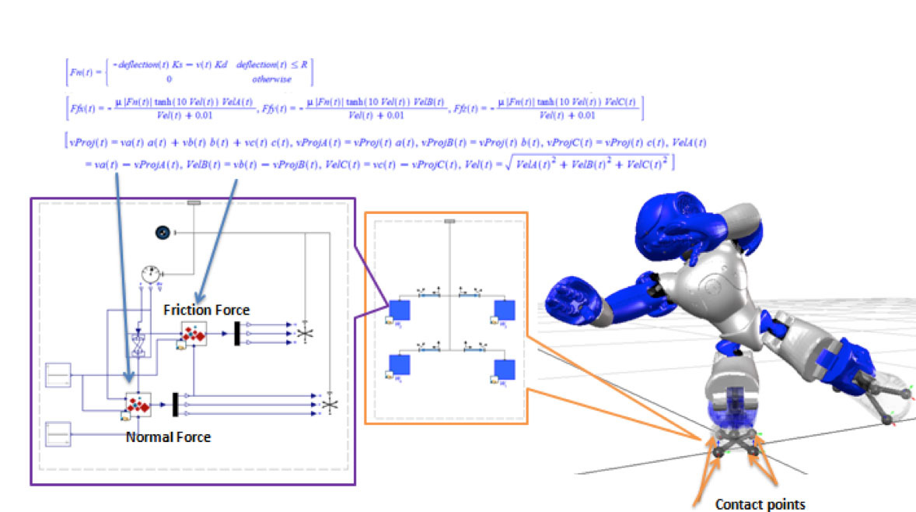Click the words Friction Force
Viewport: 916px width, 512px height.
pyautogui.click(x=206, y=310)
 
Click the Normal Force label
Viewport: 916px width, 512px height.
pyautogui.click(x=168, y=437)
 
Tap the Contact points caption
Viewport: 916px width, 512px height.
pyautogui.click(x=760, y=504)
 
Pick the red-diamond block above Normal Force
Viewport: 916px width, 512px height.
pyautogui.click(x=138, y=404)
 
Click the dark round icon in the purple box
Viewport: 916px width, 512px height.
pyautogui.click(x=163, y=232)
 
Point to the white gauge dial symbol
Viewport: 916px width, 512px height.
pyautogui.click(x=151, y=274)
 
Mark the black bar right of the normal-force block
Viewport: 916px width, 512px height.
pyautogui.click(x=176, y=404)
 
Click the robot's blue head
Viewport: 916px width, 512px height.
pyautogui.click(x=673, y=226)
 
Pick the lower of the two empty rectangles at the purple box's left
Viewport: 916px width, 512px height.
pyautogui.click(x=58, y=433)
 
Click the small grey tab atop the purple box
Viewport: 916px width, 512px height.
pyautogui.click(x=194, y=202)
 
